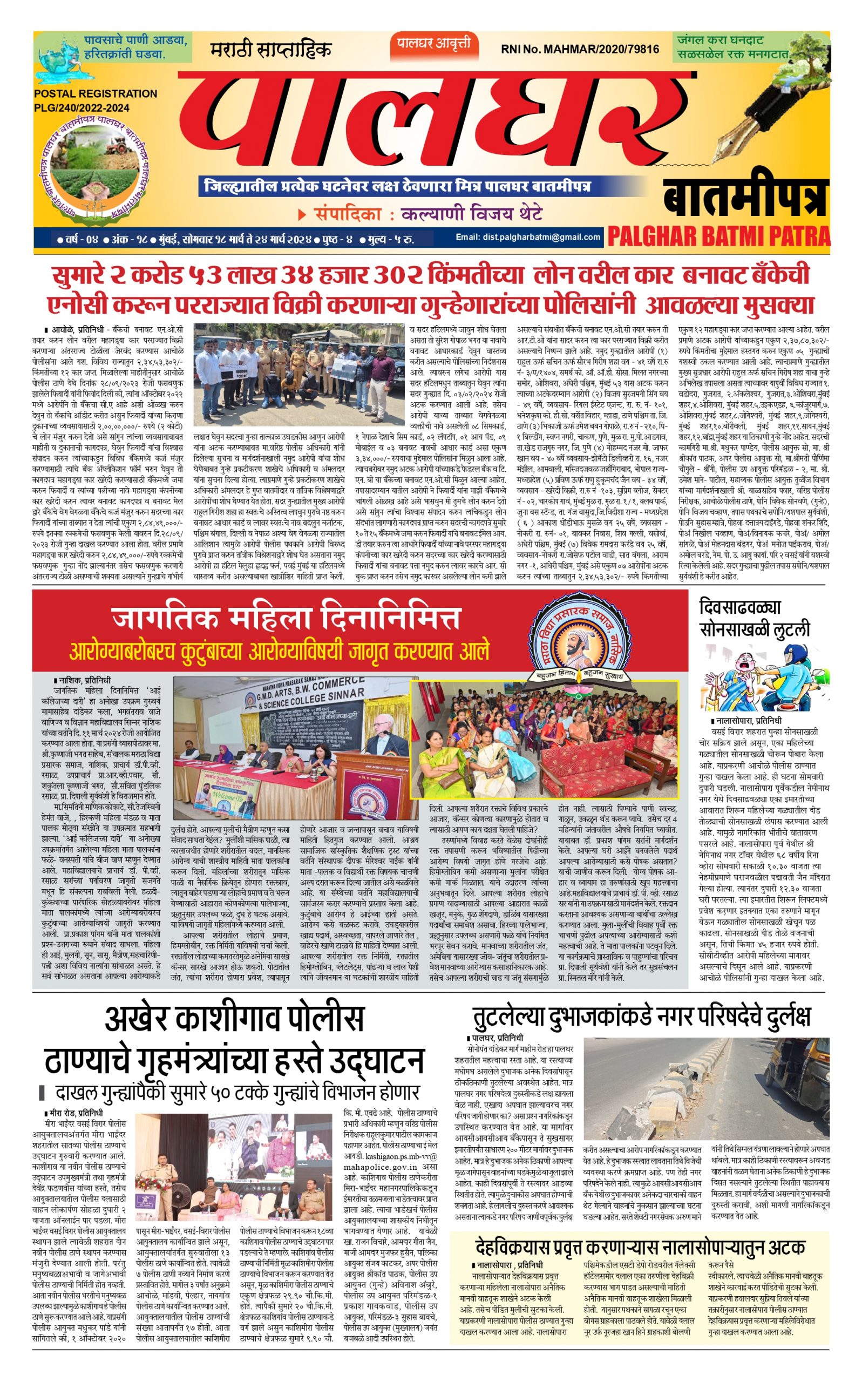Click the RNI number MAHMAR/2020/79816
pyautogui.click(x=579, y=49)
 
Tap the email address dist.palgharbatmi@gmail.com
pyautogui.click(x=527, y=236)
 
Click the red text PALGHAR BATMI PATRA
pyautogui.click(x=718, y=235)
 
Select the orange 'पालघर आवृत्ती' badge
pyautogui.click(x=434, y=44)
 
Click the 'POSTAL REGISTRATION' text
pyautogui.click(x=95, y=93)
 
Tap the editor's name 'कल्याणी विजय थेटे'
pyautogui.click(x=471, y=214)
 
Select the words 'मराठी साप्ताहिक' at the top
pyautogui.click(x=270, y=49)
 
